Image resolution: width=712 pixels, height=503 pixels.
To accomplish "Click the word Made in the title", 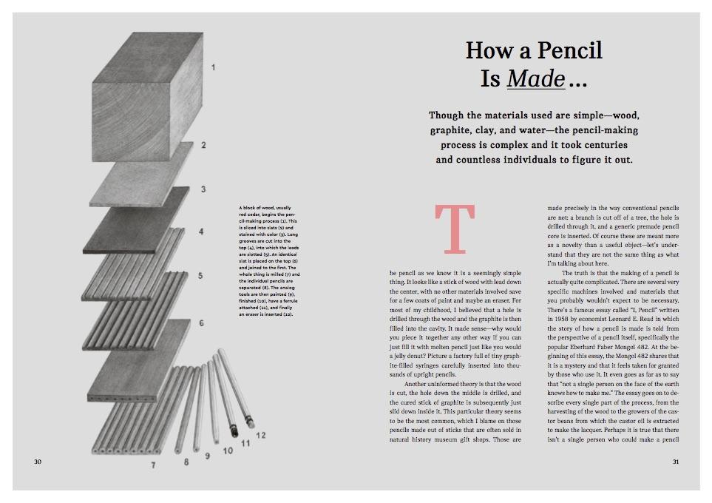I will (536, 78).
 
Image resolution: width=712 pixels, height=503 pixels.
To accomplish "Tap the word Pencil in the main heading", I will (569, 50).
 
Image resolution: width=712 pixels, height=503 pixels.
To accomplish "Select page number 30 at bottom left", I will (38, 462).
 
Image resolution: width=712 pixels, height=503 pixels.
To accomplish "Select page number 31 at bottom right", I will (674, 462).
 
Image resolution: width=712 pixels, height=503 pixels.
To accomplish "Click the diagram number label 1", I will (213, 68).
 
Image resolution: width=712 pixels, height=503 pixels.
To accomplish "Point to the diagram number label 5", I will (200, 276).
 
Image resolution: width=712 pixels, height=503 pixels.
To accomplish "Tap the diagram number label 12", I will (260, 435).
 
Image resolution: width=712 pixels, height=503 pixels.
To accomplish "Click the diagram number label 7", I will (154, 465).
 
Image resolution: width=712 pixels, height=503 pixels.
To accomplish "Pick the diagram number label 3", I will (203, 189).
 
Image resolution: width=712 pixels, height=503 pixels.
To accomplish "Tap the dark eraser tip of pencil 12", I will (249, 422).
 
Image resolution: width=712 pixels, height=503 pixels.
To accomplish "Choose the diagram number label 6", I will (200, 324).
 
